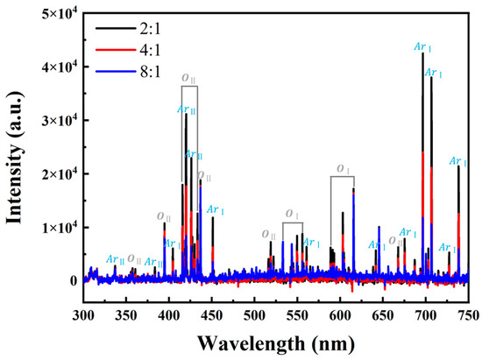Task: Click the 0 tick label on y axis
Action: (72, 280)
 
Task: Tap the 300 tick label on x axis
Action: (83, 313)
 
